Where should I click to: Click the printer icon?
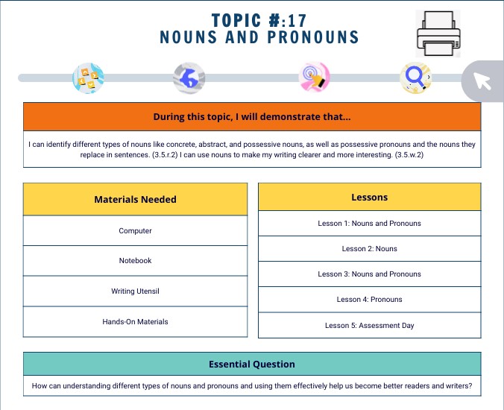(438, 34)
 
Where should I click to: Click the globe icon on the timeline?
(189, 78)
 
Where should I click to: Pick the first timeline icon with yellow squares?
(88, 78)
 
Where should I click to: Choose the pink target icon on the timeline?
(314, 78)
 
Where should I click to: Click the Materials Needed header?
(135, 199)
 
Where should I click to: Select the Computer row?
(135, 230)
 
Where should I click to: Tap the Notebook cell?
(135, 261)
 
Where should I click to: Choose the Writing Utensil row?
(135, 291)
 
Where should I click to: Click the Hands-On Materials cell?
(135, 322)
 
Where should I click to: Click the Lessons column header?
(369, 198)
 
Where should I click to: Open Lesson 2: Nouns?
(369, 249)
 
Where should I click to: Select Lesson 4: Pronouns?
(369, 300)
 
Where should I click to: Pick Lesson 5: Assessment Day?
(369, 325)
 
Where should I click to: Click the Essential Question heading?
(251, 365)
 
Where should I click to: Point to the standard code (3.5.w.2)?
(403, 154)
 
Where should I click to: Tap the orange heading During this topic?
(251, 117)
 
